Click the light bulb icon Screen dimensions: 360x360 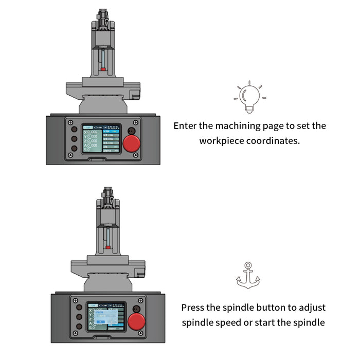250,98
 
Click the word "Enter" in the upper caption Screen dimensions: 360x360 185,126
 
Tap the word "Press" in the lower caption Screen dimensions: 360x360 193,308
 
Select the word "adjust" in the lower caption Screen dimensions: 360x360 310,308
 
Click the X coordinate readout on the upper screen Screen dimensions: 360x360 91,132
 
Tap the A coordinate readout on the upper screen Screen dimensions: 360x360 91,146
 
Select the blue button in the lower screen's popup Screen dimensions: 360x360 102,321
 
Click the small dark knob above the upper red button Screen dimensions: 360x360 131,130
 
